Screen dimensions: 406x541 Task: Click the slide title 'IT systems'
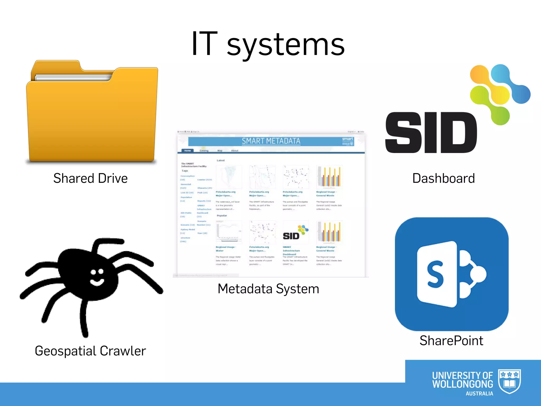click(268, 44)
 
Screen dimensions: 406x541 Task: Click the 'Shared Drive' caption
click(90, 178)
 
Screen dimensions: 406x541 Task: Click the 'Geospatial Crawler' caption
click(90, 351)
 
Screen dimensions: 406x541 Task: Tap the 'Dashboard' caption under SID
click(444, 178)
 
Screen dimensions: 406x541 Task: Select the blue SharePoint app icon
click(451, 274)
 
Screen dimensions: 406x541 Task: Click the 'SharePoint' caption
click(451, 341)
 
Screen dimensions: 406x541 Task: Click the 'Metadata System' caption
click(268, 289)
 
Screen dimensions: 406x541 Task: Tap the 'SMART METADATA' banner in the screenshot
click(271, 141)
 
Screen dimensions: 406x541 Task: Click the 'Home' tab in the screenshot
click(188, 151)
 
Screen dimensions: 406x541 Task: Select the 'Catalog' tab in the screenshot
click(204, 151)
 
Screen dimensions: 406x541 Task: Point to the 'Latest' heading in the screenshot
click(221, 160)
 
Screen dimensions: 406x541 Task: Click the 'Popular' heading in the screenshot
click(222, 216)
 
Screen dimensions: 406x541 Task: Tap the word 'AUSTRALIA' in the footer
click(479, 394)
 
